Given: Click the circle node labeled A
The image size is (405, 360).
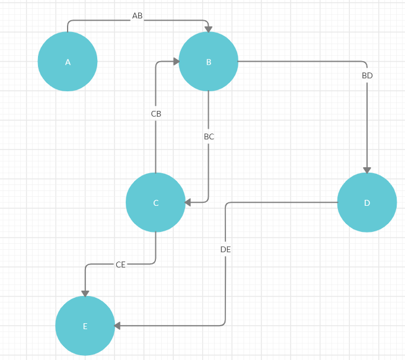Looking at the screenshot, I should (x=68, y=62).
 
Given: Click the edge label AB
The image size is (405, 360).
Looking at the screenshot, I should (x=137, y=16).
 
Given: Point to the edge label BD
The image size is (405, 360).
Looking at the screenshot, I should (x=367, y=76).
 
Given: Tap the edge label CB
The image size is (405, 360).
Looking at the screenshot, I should (x=156, y=114).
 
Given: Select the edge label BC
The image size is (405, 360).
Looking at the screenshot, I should (x=209, y=137).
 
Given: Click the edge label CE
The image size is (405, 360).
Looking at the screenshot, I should (x=120, y=265).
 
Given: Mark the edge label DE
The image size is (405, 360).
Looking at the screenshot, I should (x=225, y=250).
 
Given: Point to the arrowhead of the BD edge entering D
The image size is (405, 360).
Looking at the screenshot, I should (x=367, y=170).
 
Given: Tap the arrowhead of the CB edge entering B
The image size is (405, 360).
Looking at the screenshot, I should (x=176, y=62).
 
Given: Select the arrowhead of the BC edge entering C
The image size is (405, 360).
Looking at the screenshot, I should (x=188, y=202).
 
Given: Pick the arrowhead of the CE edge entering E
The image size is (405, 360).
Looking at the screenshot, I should (x=85, y=294).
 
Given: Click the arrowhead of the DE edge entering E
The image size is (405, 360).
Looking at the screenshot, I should (x=117, y=326).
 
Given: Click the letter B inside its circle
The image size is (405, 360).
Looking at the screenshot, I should (x=208, y=62).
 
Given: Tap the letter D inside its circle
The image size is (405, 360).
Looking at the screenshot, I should (x=367, y=203).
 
